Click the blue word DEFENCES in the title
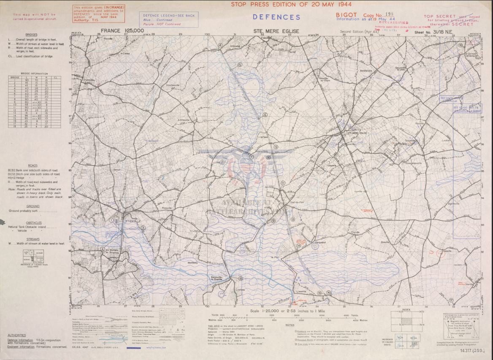click(x=276, y=17)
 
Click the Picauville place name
click(x=167, y=208)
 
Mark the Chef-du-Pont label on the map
click(x=286, y=202)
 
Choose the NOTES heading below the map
click(x=290, y=325)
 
